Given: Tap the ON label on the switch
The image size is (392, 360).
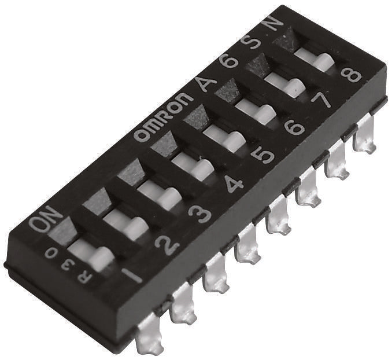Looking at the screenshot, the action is click(46, 219).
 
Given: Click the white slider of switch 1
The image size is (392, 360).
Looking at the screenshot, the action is click(91, 254).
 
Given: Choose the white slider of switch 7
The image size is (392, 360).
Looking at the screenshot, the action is click(286, 86).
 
